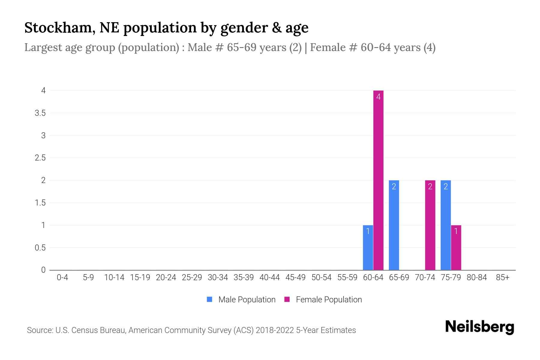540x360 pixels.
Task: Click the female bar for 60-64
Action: [378, 180]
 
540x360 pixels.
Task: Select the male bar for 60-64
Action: [368, 247]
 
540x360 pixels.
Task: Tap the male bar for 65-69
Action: [394, 225]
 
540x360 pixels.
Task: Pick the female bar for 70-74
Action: [430, 225]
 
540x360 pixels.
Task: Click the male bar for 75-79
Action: [446, 225]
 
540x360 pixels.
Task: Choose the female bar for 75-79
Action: [456, 247]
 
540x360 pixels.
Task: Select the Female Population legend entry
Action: [323, 299]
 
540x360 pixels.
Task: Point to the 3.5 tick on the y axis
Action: [40, 113]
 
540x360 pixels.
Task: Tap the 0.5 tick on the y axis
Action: [40, 248]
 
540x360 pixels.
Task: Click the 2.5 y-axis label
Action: [40, 158]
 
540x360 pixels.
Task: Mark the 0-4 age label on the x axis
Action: [62, 277]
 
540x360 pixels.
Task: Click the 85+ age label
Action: [502, 277]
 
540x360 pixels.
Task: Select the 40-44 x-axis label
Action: [269, 277]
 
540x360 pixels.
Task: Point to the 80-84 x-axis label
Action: [477, 277]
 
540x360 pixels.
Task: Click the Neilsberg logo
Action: [479, 327]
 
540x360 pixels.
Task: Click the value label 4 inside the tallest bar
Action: [378, 97]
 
